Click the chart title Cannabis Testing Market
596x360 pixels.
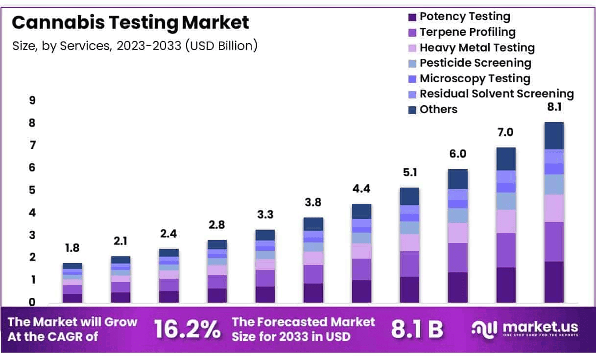(x=130, y=23)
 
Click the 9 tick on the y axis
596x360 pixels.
(x=32, y=101)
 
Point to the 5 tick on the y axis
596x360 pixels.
(x=32, y=191)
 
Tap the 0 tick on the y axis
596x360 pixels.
(x=32, y=303)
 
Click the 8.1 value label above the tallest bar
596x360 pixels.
(x=554, y=108)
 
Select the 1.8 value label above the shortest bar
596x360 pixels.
(x=72, y=248)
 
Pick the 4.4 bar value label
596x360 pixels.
(x=361, y=189)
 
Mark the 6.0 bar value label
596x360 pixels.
(x=458, y=154)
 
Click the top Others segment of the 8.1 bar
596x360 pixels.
(x=554, y=136)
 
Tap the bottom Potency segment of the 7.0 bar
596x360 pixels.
(x=506, y=285)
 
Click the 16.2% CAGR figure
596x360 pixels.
(x=187, y=329)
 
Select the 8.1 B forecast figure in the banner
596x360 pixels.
(x=417, y=330)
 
